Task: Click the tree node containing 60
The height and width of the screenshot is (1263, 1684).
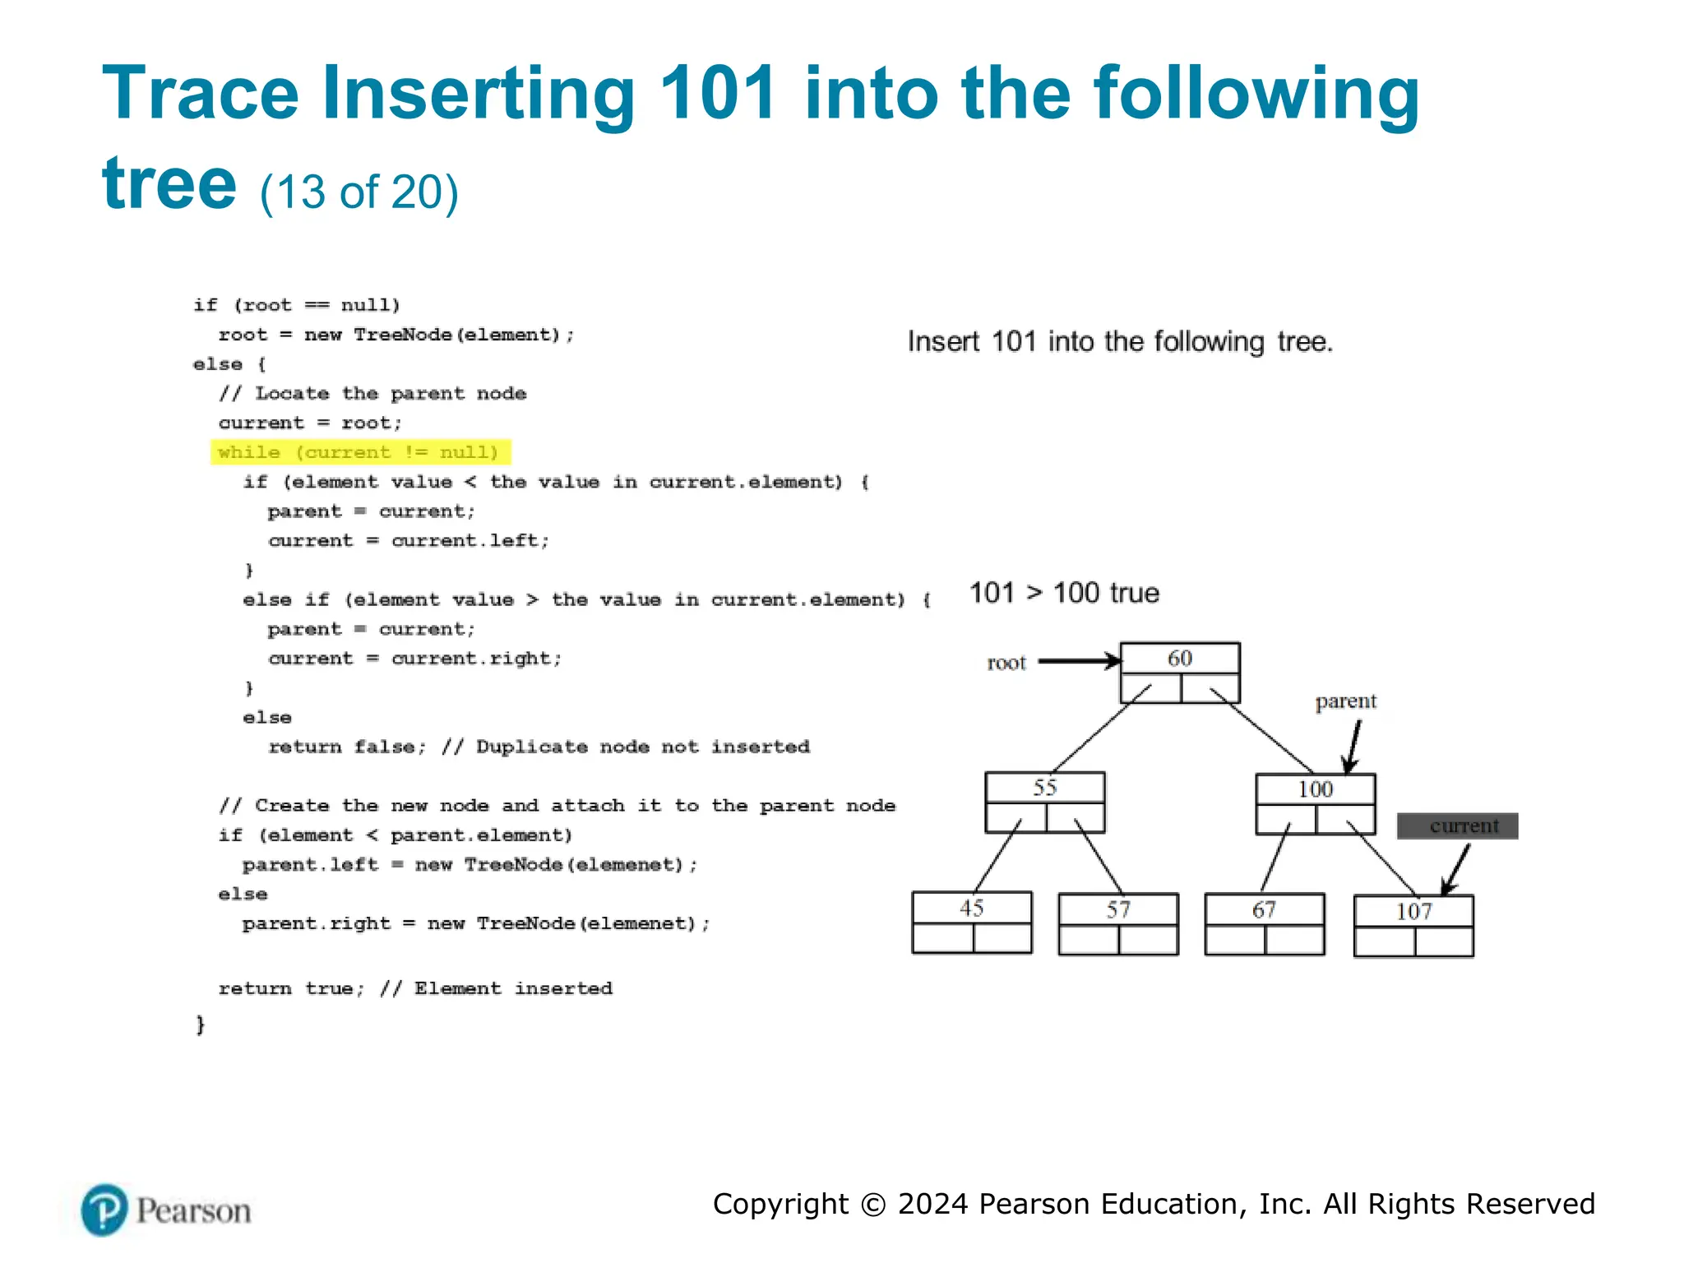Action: [1179, 672]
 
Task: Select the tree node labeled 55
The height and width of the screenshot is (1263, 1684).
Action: [1044, 802]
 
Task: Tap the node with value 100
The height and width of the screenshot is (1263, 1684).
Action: [1315, 803]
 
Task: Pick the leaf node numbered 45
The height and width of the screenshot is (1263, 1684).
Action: [971, 922]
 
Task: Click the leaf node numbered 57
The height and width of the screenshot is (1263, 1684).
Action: [1117, 923]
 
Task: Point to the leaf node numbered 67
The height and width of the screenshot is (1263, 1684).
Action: [1264, 923]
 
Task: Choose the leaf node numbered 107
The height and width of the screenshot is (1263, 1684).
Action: [1413, 925]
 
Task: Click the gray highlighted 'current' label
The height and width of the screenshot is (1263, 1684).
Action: [1457, 826]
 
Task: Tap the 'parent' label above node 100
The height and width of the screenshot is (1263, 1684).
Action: [1345, 701]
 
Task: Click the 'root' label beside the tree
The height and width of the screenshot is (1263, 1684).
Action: [1006, 663]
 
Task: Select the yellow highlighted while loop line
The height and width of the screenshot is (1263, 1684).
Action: [359, 452]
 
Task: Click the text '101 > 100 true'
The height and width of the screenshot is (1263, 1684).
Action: [1064, 593]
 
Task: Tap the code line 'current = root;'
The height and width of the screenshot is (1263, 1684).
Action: [310, 423]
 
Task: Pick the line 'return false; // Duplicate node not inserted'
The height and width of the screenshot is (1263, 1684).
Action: [539, 747]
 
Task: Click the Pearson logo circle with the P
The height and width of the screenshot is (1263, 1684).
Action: [104, 1210]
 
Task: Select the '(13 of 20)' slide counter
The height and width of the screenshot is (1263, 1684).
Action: [359, 192]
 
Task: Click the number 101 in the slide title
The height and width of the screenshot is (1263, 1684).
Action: [718, 93]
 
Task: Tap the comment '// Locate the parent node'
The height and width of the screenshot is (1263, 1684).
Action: [372, 393]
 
